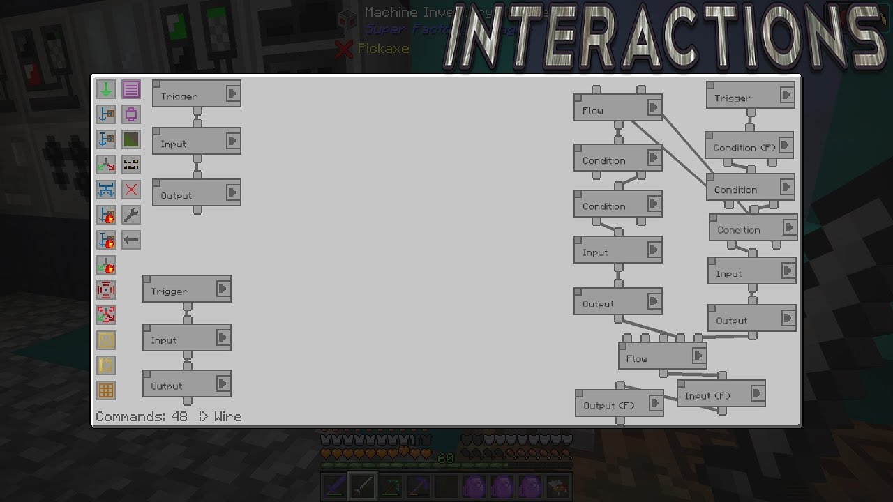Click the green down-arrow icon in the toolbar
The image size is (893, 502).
point(106,89)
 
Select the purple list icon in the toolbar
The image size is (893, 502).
point(131,89)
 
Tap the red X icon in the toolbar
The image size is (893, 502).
point(131,190)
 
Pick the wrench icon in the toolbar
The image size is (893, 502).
point(131,215)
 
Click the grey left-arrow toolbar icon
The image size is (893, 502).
point(131,241)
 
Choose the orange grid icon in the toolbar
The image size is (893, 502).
point(106,390)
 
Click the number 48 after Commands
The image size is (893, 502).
point(179,416)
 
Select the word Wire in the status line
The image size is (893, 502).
point(228,416)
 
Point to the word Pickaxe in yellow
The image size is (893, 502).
point(383,49)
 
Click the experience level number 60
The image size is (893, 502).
point(445,459)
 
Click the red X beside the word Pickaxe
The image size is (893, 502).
point(343,49)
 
